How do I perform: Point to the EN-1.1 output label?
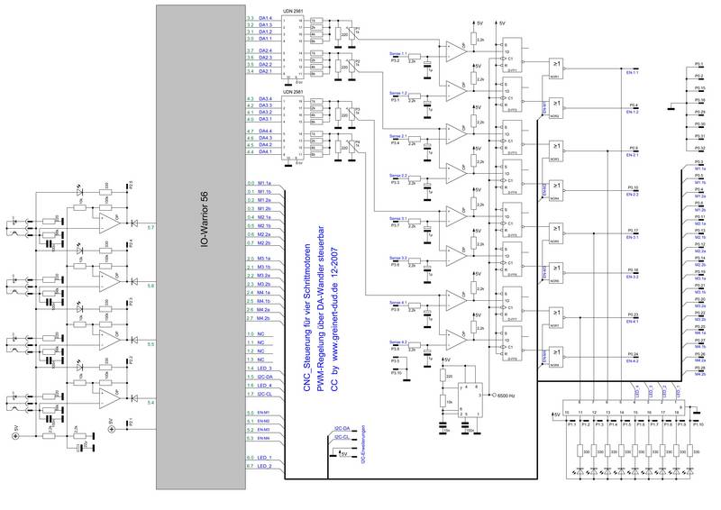632,72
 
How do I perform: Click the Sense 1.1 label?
398,54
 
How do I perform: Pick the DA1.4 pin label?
266,18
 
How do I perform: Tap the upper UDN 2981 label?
292,12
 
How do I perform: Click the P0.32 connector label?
699,147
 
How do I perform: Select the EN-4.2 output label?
632,361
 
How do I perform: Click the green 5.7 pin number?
151,229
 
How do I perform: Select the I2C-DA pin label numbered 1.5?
266,377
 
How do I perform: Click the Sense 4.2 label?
398,342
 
